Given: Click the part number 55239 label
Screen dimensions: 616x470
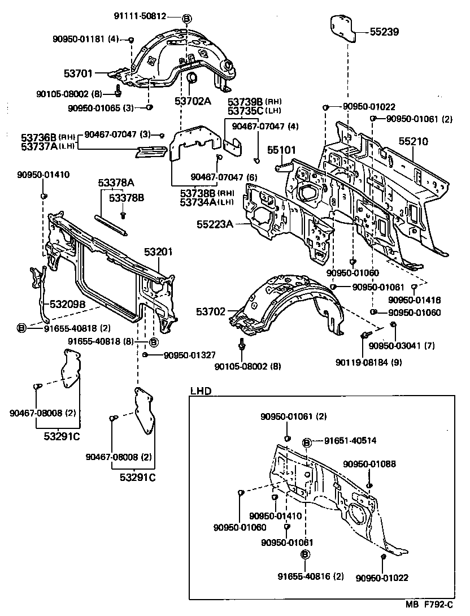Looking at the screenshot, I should click(384, 33).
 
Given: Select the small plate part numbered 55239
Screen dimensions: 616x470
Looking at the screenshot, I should click(342, 28).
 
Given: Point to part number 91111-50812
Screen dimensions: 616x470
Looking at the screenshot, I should click(141, 16).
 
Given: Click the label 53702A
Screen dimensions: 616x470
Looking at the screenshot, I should click(192, 102).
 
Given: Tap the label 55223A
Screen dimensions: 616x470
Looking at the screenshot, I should click(215, 224).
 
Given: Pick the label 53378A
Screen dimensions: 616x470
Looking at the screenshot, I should click(116, 183).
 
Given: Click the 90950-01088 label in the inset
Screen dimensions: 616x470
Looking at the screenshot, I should click(369, 464).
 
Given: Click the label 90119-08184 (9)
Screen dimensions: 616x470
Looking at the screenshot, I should click(376, 362).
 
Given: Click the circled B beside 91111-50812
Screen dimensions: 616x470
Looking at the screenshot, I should click(187, 18).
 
